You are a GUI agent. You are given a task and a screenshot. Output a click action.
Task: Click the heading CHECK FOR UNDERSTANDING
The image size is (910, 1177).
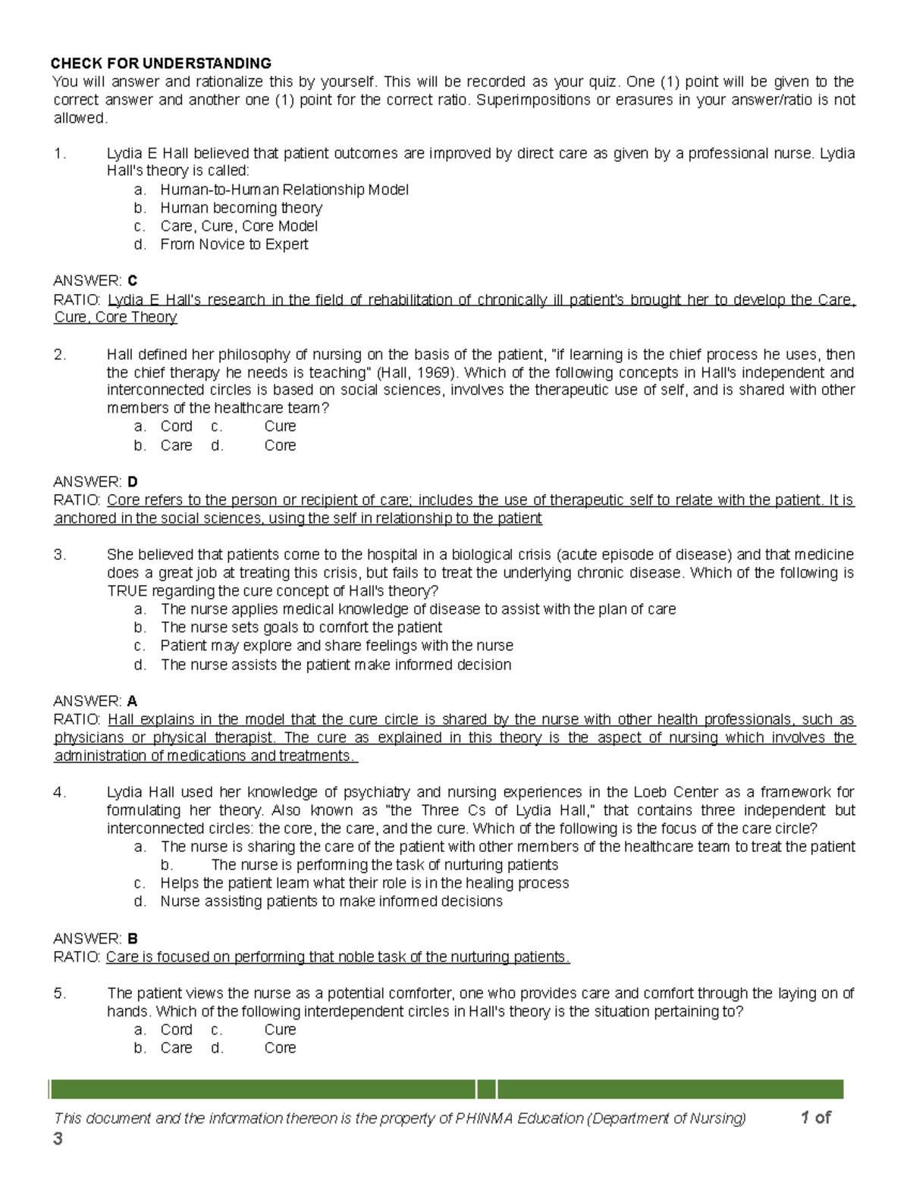161,63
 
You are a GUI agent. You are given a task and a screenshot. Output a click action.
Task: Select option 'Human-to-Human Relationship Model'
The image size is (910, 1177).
284,189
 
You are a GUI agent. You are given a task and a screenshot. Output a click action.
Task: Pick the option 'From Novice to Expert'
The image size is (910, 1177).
234,244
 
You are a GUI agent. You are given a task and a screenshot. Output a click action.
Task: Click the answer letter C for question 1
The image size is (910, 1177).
133,281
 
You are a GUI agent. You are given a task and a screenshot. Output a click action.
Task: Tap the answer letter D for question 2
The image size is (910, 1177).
133,482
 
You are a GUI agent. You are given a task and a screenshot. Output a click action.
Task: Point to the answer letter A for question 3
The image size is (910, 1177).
133,701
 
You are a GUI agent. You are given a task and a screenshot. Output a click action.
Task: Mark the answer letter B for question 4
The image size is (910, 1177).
133,938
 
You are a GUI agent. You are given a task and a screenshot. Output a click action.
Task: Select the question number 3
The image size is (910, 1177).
60,555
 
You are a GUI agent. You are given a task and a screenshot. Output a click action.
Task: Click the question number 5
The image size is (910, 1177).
60,993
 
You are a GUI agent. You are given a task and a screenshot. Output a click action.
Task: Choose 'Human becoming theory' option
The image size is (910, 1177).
241,208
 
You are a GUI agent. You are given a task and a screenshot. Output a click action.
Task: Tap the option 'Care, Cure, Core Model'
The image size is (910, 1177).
239,226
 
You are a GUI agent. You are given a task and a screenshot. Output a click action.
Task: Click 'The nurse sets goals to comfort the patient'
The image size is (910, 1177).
301,628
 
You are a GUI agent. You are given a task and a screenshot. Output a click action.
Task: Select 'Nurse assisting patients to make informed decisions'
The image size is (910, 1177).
331,901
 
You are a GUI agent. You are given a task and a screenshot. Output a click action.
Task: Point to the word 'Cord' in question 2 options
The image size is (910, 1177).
176,426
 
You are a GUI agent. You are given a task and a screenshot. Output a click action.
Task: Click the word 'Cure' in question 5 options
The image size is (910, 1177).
280,1029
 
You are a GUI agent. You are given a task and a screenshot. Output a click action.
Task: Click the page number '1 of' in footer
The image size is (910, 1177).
815,1117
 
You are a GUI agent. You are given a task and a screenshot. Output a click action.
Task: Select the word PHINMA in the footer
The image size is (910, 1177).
484,1119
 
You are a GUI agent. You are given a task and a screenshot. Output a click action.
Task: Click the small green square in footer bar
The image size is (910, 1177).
487,1089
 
